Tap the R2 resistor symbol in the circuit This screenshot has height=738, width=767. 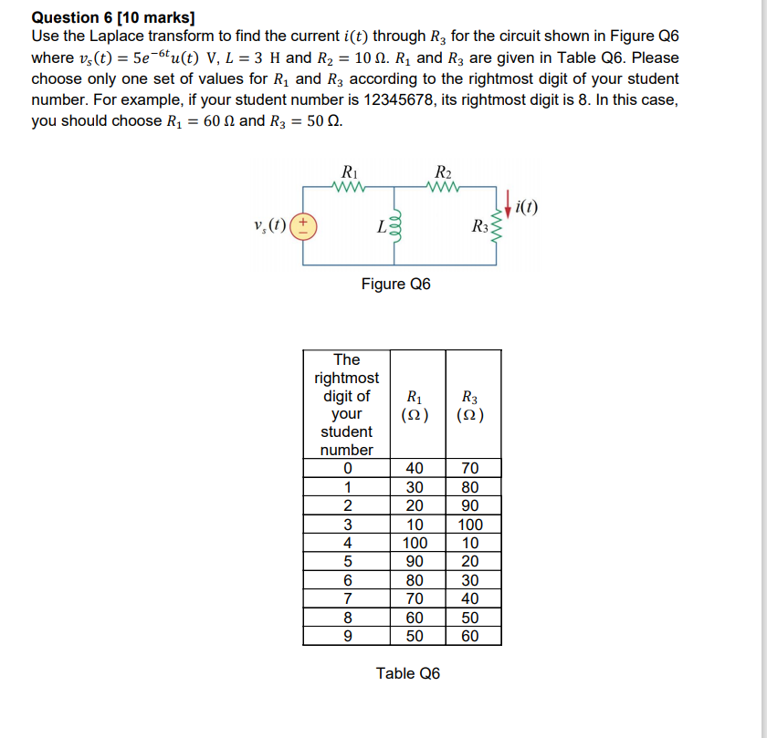tap(444, 190)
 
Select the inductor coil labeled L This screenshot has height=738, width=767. tap(394, 228)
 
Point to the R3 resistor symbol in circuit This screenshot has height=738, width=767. tap(498, 228)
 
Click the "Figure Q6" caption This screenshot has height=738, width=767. tap(395, 284)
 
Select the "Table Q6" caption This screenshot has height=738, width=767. tap(407, 673)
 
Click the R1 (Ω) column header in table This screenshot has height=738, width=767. tap(415, 405)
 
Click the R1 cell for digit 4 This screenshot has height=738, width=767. tap(415, 543)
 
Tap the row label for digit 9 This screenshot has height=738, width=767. tap(347, 636)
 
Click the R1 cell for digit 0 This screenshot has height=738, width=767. tap(415, 469)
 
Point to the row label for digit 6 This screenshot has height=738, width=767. tap(347, 580)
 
